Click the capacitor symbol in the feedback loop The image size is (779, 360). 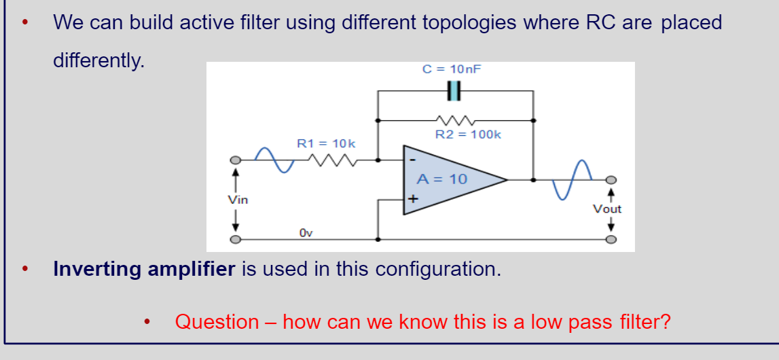[x=454, y=90]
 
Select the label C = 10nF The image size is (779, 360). [x=452, y=69]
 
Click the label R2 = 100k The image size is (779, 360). [x=468, y=134]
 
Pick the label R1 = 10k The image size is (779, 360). [x=326, y=143]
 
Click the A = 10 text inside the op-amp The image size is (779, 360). [x=442, y=179]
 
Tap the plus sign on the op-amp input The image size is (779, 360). [x=412, y=200]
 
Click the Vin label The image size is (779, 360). [x=238, y=200]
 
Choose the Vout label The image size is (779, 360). [x=607, y=209]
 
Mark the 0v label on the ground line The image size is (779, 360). [x=306, y=233]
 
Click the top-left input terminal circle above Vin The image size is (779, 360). [x=235, y=160]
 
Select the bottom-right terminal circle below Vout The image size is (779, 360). [x=611, y=240]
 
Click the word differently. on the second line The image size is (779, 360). [x=99, y=60]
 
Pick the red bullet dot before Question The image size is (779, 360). [x=147, y=322]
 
